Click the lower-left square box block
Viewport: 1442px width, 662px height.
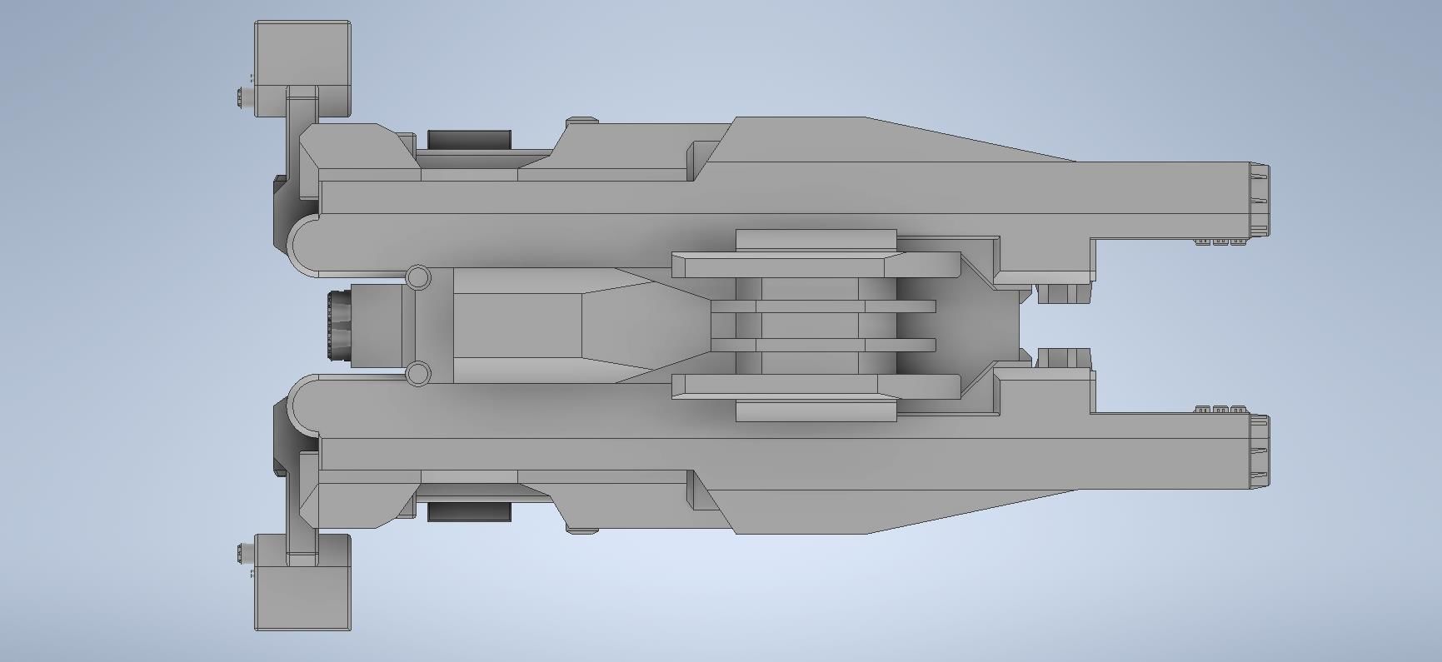coord(302,593)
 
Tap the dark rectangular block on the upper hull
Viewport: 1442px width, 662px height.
coord(469,140)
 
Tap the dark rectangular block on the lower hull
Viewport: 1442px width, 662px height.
coord(469,511)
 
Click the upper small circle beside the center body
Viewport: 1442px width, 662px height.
coord(418,277)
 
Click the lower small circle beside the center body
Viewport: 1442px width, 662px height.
coord(418,373)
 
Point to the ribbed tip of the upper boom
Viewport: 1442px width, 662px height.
coord(1259,197)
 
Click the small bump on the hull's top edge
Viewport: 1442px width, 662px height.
coord(581,122)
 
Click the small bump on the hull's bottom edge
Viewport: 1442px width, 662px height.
coord(581,529)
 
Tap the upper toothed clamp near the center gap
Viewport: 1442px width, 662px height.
coord(1063,293)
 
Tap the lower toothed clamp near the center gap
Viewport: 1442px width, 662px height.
coord(1063,358)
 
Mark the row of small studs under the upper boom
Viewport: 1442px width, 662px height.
coord(1220,241)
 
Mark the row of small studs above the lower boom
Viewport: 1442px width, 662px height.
coord(1220,410)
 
